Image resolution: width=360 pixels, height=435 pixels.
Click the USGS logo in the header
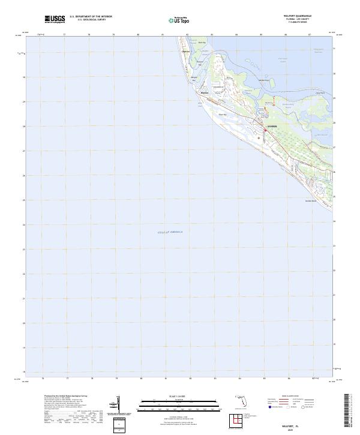click(55, 19)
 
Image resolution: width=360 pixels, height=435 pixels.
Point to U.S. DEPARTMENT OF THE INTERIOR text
click(91, 17)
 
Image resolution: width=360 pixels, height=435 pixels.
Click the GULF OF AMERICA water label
click(170, 232)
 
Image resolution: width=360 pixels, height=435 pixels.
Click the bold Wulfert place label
click(205, 93)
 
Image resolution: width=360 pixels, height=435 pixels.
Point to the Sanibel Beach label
click(310, 200)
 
